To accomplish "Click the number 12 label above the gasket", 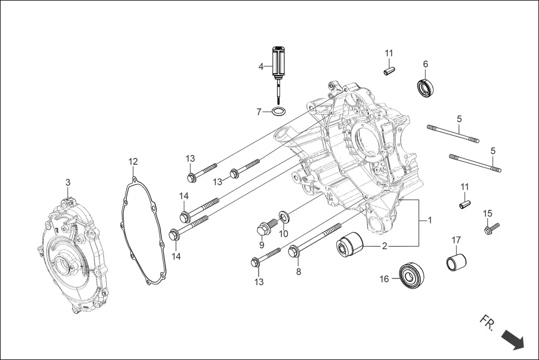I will click(132, 162).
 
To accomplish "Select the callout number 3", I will click(68, 183).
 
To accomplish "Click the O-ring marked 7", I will click(280, 112).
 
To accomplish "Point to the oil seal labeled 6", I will click(426, 88).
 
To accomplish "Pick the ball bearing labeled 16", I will click(412, 275).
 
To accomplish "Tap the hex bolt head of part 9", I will click(263, 228).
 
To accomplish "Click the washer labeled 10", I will click(283, 217).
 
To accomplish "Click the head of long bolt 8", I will click(294, 252).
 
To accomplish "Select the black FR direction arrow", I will click(512, 339).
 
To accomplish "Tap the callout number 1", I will click(430, 220).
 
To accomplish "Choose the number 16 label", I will click(384, 279).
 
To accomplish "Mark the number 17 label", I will click(456, 240).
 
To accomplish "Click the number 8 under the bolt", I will click(298, 272).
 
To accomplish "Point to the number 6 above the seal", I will click(426, 64).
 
